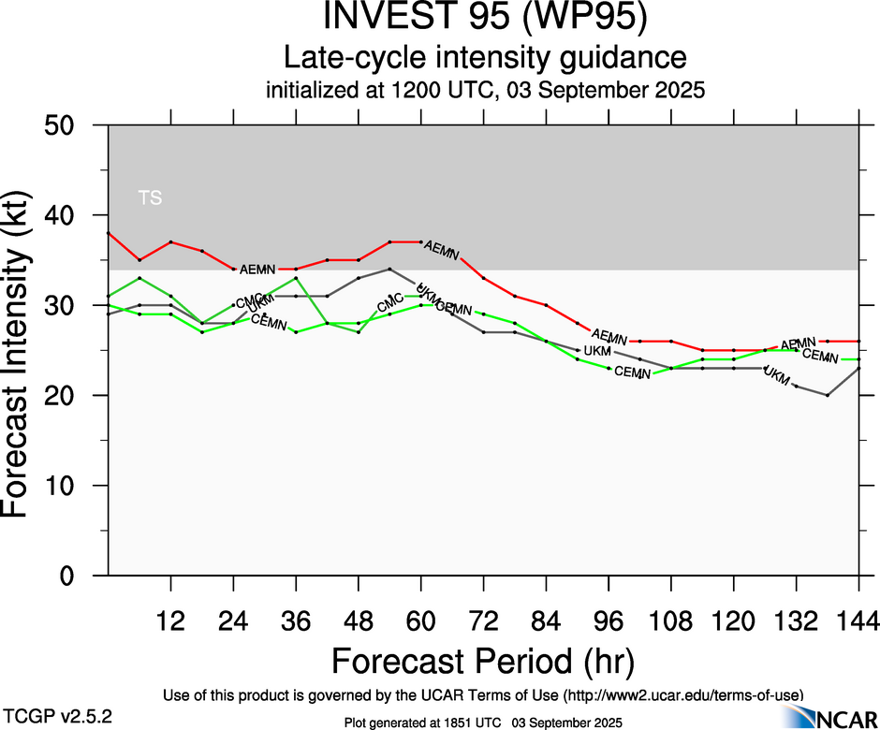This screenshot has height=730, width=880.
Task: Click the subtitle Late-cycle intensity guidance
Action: pos(484,58)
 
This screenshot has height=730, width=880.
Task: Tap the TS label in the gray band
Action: pos(150,197)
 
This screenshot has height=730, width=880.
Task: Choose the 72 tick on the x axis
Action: pos(483,620)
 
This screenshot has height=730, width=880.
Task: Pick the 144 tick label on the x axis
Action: pos(858,620)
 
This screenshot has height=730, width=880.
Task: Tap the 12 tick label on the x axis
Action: pos(170,620)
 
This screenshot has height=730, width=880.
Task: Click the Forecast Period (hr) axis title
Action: pos(484,661)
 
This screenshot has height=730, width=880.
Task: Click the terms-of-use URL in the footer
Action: pos(682,695)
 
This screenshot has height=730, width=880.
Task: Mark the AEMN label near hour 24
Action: pos(257,270)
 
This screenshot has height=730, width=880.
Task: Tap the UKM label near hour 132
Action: pos(777,374)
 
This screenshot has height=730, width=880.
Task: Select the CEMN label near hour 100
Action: pos(632,372)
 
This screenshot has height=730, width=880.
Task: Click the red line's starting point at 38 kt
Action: pos(109,233)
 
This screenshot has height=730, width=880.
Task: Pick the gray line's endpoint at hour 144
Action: pos(858,369)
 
